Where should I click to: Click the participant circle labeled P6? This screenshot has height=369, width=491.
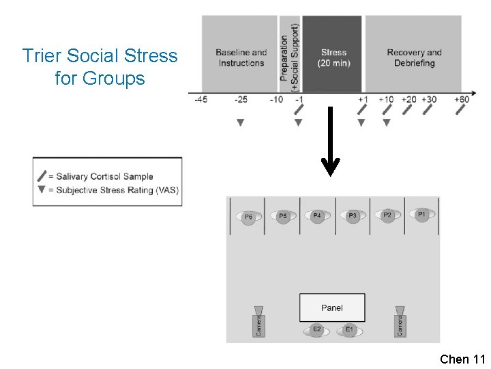click(x=248, y=217)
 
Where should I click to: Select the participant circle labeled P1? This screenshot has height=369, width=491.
click(x=421, y=214)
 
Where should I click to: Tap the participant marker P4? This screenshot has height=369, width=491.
click(x=316, y=216)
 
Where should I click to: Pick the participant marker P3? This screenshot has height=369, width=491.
click(x=353, y=216)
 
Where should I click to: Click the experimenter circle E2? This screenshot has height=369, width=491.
click(x=316, y=330)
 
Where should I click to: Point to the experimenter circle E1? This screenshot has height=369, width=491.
click(x=349, y=330)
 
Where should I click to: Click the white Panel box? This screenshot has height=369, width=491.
click(x=332, y=308)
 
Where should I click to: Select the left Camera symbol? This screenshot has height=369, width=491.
click(x=258, y=321)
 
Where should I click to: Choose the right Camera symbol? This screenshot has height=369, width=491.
click(x=400, y=321)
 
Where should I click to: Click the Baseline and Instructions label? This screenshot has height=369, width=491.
click(x=241, y=57)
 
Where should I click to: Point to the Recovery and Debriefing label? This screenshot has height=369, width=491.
click(x=414, y=57)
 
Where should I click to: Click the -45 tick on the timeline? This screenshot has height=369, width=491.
click(x=200, y=100)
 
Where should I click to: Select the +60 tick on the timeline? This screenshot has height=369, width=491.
click(x=462, y=100)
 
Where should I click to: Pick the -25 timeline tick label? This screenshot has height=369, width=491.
click(x=241, y=100)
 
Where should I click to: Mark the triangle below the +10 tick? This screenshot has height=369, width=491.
click(x=386, y=122)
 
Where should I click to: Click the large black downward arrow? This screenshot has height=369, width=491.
click(x=331, y=143)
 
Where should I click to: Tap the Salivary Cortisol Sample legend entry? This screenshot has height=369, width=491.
click(x=104, y=176)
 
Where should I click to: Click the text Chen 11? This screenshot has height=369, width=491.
click(x=462, y=359)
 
